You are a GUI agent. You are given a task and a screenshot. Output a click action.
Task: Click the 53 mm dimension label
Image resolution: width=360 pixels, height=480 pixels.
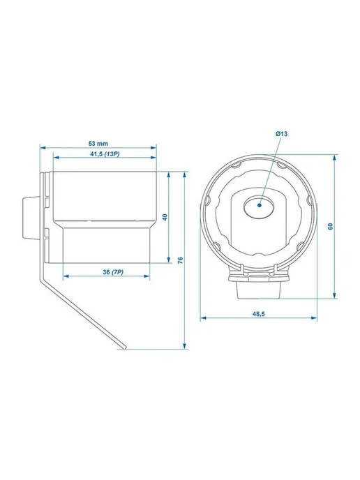pos(98,143)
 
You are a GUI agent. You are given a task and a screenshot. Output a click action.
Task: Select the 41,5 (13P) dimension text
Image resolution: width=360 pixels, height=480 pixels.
pos(105,154)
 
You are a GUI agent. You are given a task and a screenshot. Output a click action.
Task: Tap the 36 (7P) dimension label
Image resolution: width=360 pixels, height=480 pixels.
pos(113,272)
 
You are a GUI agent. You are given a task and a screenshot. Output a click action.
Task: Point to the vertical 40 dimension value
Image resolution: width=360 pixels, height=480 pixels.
pos(165,218)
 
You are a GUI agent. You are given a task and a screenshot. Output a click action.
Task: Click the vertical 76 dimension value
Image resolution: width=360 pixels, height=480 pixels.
pos(180,260)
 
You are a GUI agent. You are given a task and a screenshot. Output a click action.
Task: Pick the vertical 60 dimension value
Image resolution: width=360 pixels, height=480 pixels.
pos(330,227)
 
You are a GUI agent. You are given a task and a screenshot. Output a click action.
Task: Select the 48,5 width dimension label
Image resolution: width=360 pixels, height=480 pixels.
pos(258,314)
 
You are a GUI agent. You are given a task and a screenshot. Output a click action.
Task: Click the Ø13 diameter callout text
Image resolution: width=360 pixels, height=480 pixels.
pos(281,133)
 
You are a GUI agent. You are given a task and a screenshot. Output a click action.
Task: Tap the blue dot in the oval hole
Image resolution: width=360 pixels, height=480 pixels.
pos(260,205)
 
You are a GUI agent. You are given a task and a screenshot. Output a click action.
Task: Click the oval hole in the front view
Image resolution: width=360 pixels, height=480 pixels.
pos(260,207)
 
